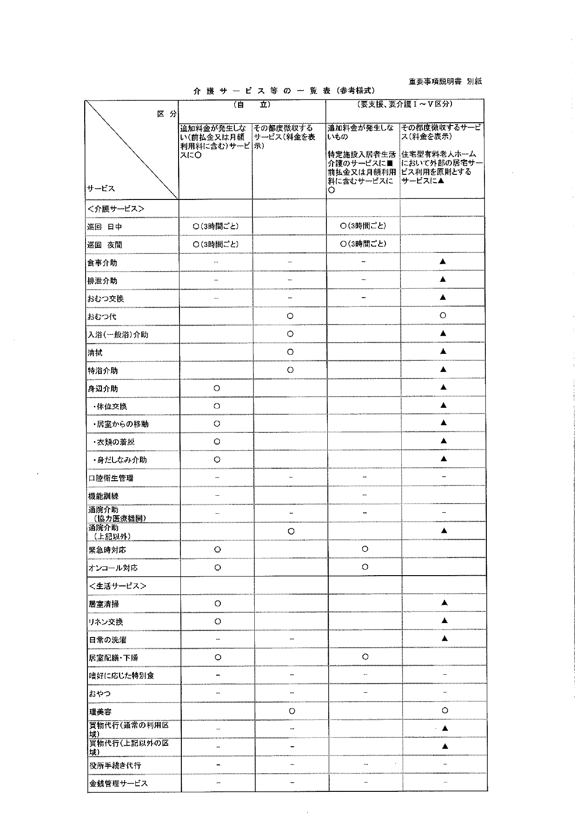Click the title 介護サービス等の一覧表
pyautogui.click(x=284, y=91)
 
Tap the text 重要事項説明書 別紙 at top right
pyautogui.click(x=445, y=81)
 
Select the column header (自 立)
pyautogui.click(x=252, y=105)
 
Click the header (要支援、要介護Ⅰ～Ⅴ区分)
pyautogui.click(x=405, y=105)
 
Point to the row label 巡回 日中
pyautogui.click(x=105, y=227)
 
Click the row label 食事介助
pyautogui.click(x=102, y=263)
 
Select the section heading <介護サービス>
pyautogui.click(x=116, y=209)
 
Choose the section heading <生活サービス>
pyautogui.click(x=117, y=586)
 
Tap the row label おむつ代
pyautogui.click(x=102, y=317)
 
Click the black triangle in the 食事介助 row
pyautogui.click(x=443, y=262)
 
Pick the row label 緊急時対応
pyautogui.click(x=107, y=550)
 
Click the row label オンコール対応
pyautogui.click(x=113, y=568)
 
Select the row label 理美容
pyautogui.click(x=100, y=712)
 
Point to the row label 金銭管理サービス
pyautogui.click(x=118, y=783)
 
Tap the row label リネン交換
pyautogui.click(x=106, y=622)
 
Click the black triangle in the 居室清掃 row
pyautogui.click(x=444, y=603)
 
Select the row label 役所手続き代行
pyautogui.click(x=115, y=765)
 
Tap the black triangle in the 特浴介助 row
pyautogui.click(x=443, y=370)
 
